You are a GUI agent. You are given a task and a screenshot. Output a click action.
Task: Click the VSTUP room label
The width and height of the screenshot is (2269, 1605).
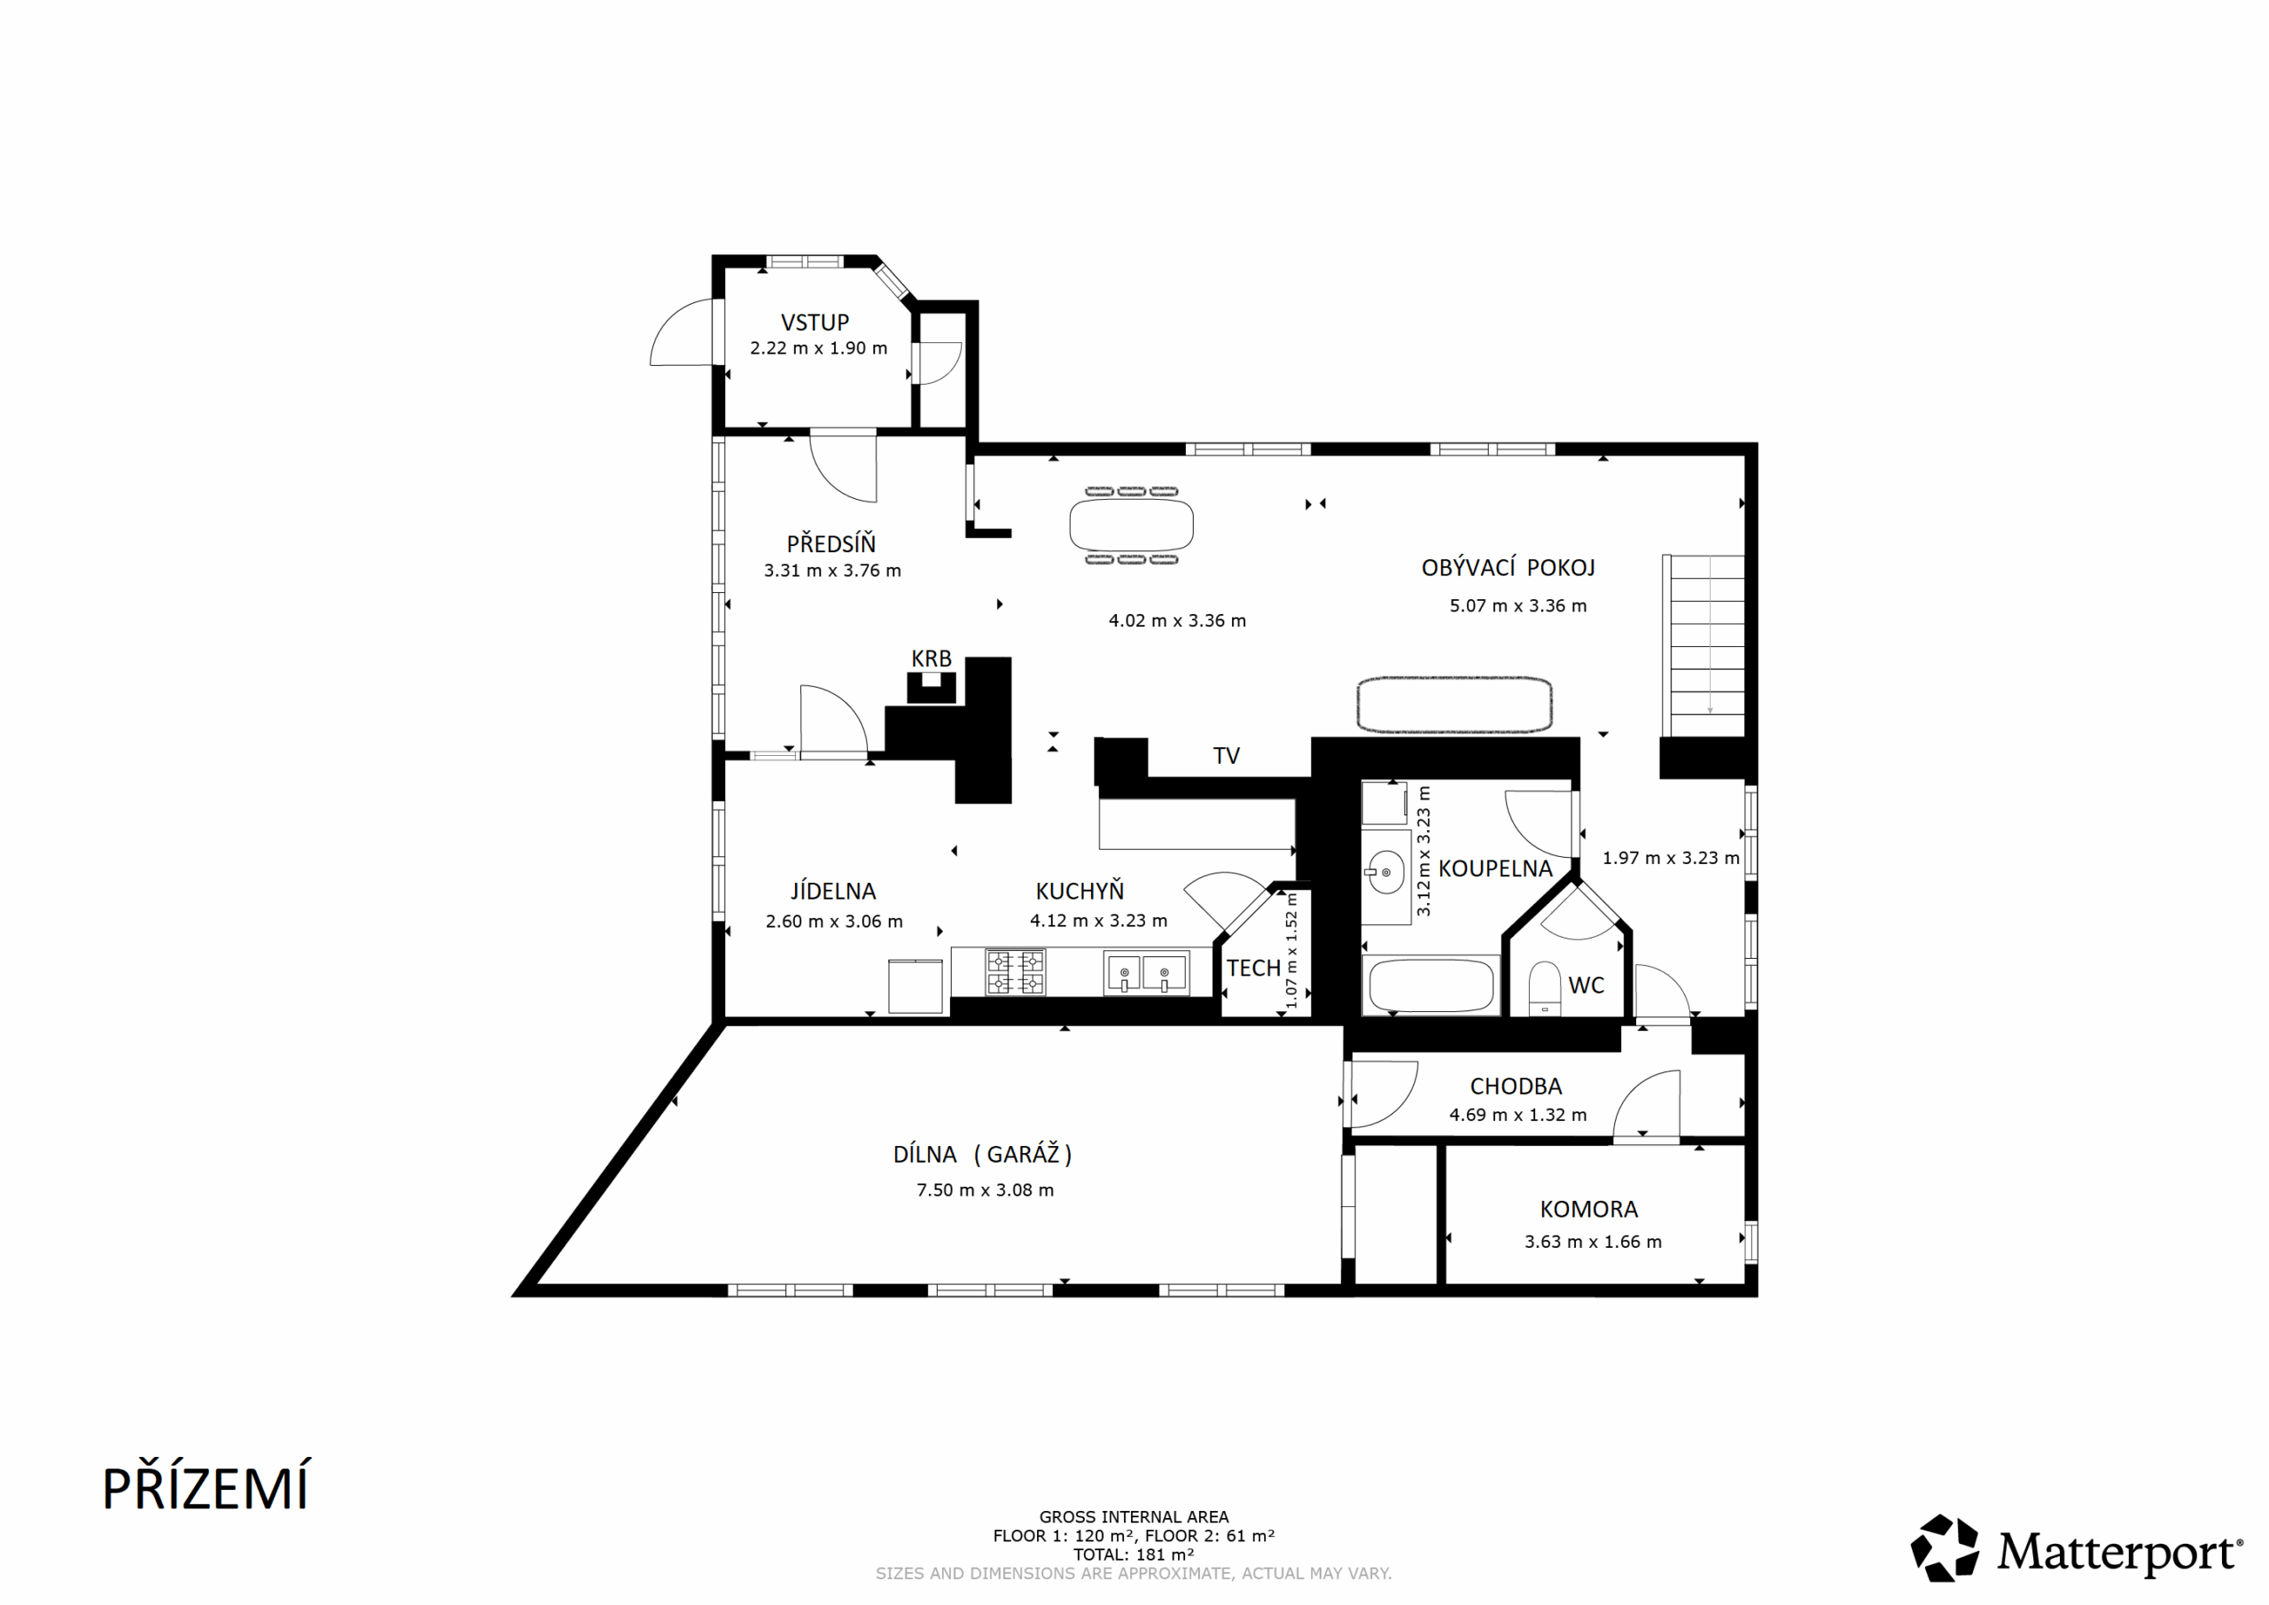point(815,323)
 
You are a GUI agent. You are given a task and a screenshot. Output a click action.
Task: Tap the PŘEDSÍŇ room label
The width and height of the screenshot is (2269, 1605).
point(831,542)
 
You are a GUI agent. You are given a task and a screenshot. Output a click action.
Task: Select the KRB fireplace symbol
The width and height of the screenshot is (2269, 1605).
point(931,687)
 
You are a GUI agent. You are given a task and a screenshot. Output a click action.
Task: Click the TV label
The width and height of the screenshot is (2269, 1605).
point(1227,756)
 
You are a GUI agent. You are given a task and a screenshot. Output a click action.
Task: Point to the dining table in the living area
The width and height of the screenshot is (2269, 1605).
point(1132,525)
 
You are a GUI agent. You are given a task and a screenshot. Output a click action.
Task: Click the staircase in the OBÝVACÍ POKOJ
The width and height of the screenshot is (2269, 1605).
point(1704,646)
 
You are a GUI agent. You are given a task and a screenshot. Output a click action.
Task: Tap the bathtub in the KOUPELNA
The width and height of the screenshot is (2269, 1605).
point(1430,985)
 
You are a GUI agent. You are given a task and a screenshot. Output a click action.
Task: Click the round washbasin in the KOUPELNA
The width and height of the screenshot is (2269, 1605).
point(1385,873)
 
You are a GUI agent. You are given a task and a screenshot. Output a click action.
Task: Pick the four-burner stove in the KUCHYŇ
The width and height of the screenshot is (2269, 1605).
point(1015,971)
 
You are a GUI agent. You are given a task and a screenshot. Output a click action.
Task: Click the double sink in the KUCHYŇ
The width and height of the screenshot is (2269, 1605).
point(1146,972)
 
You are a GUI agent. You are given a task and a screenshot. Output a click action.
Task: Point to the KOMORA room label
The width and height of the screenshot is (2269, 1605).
point(1589,1209)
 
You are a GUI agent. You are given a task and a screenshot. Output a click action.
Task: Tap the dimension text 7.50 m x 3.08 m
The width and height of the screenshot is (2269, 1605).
point(986,1190)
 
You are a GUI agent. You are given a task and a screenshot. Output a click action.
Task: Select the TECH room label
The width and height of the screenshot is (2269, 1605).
point(1253,968)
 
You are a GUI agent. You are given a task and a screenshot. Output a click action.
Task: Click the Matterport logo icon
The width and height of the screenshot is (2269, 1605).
point(1945,1547)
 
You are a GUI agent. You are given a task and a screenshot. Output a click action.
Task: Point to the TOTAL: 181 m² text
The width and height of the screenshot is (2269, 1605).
point(1134,1554)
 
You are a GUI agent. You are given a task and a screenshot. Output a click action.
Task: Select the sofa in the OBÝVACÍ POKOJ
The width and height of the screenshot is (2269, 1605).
point(1454,705)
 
